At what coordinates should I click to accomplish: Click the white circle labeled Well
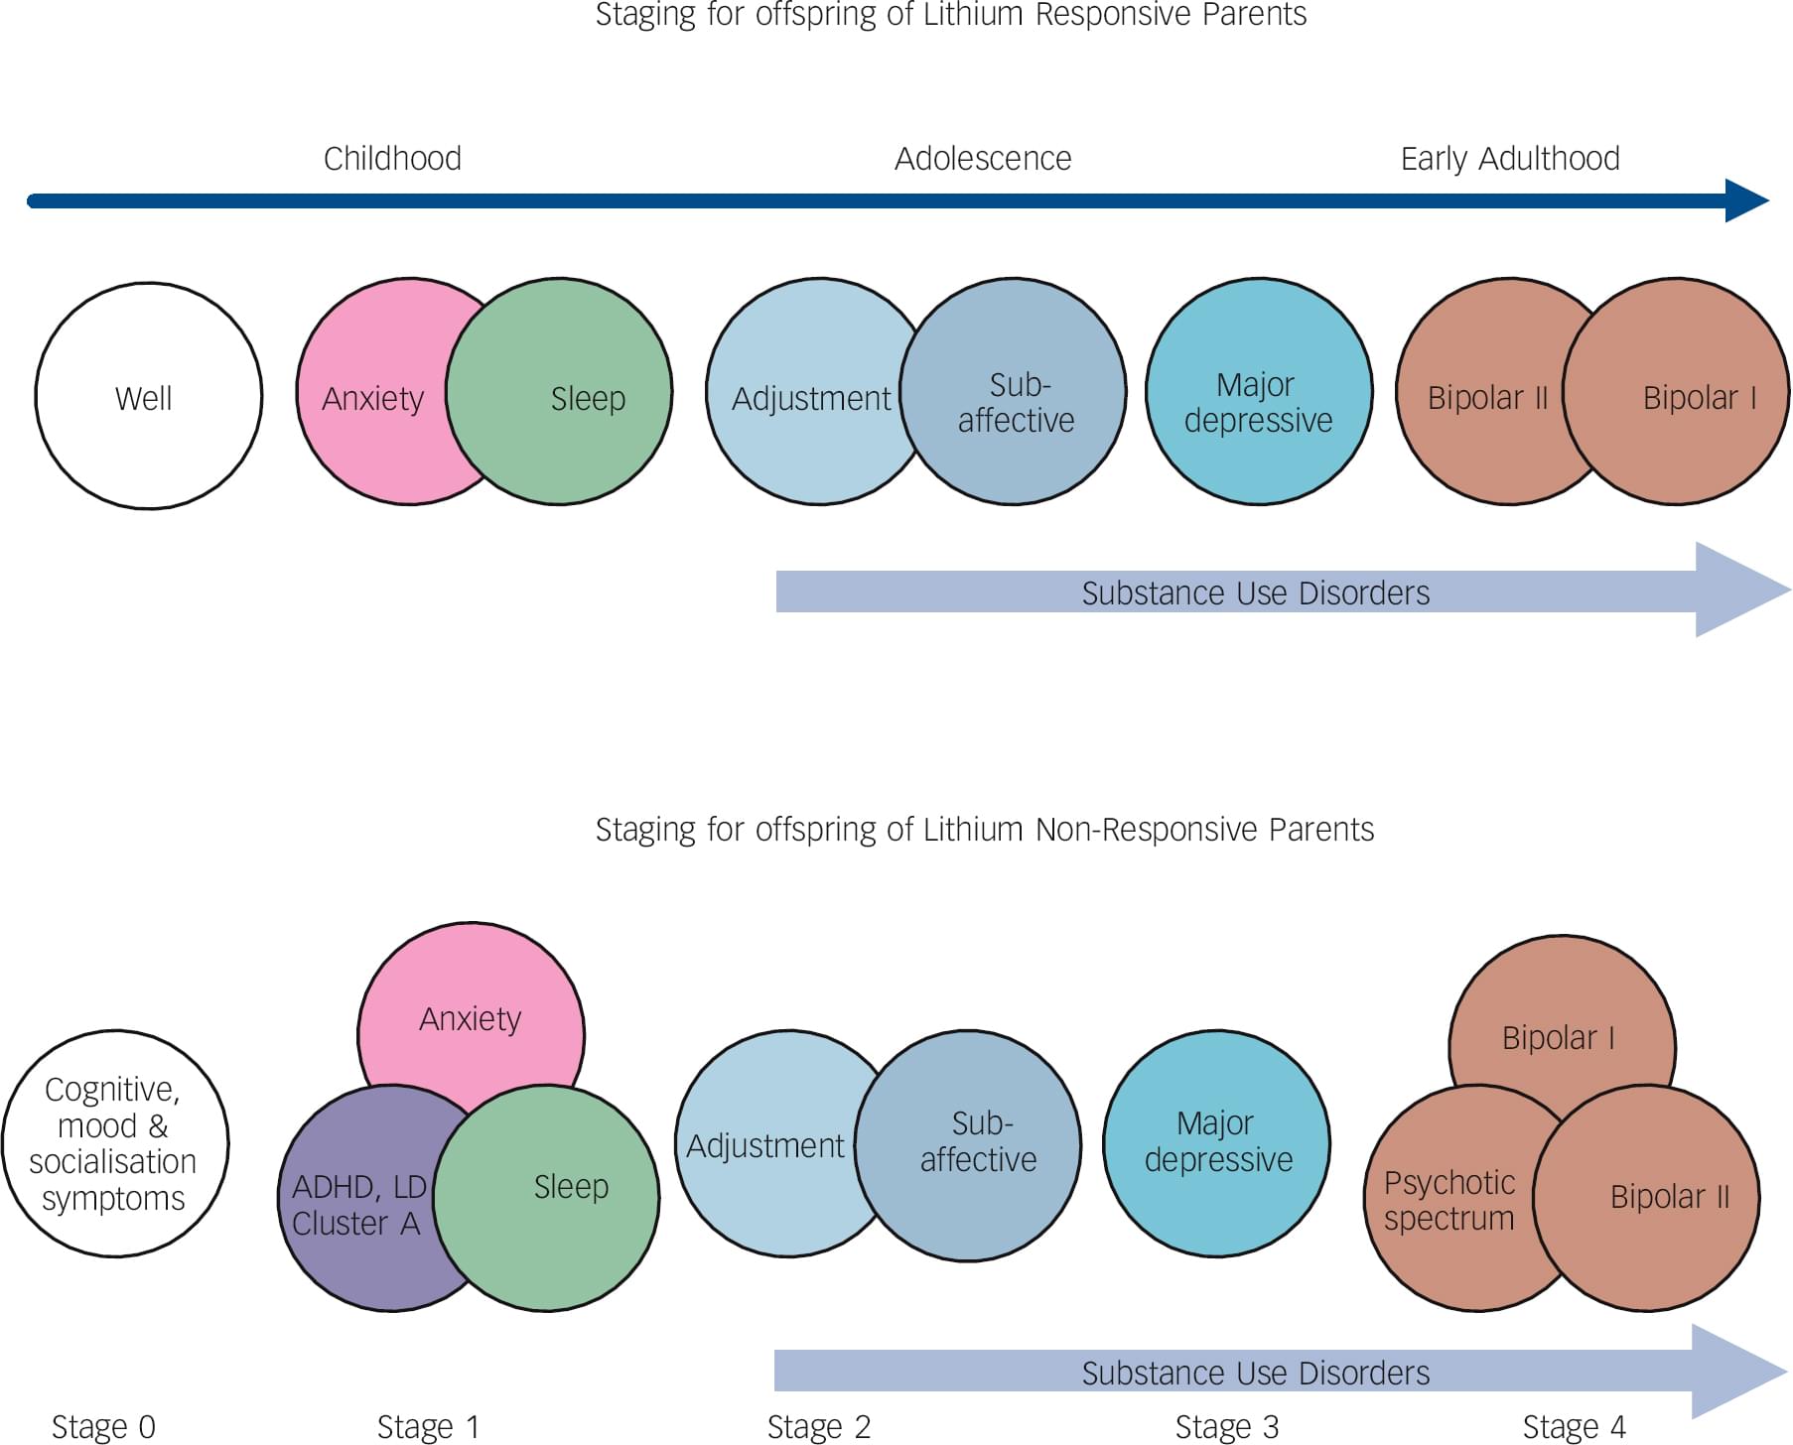click(x=148, y=396)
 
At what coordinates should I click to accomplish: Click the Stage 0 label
click(x=103, y=1426)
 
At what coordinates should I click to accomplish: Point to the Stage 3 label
click(x=1226, y=1426)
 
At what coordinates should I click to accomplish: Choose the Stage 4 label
click(x=1574, y=1426)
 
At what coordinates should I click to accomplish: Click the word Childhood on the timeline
click(x=392, y=159)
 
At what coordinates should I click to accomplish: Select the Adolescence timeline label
click(x=982, y=159)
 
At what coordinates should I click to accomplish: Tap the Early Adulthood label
click(x=1509, y=159)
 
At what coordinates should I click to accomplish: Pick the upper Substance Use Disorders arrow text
click(x=1255, y=592)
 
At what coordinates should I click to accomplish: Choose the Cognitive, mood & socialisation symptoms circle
click(x=114, y=1143)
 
